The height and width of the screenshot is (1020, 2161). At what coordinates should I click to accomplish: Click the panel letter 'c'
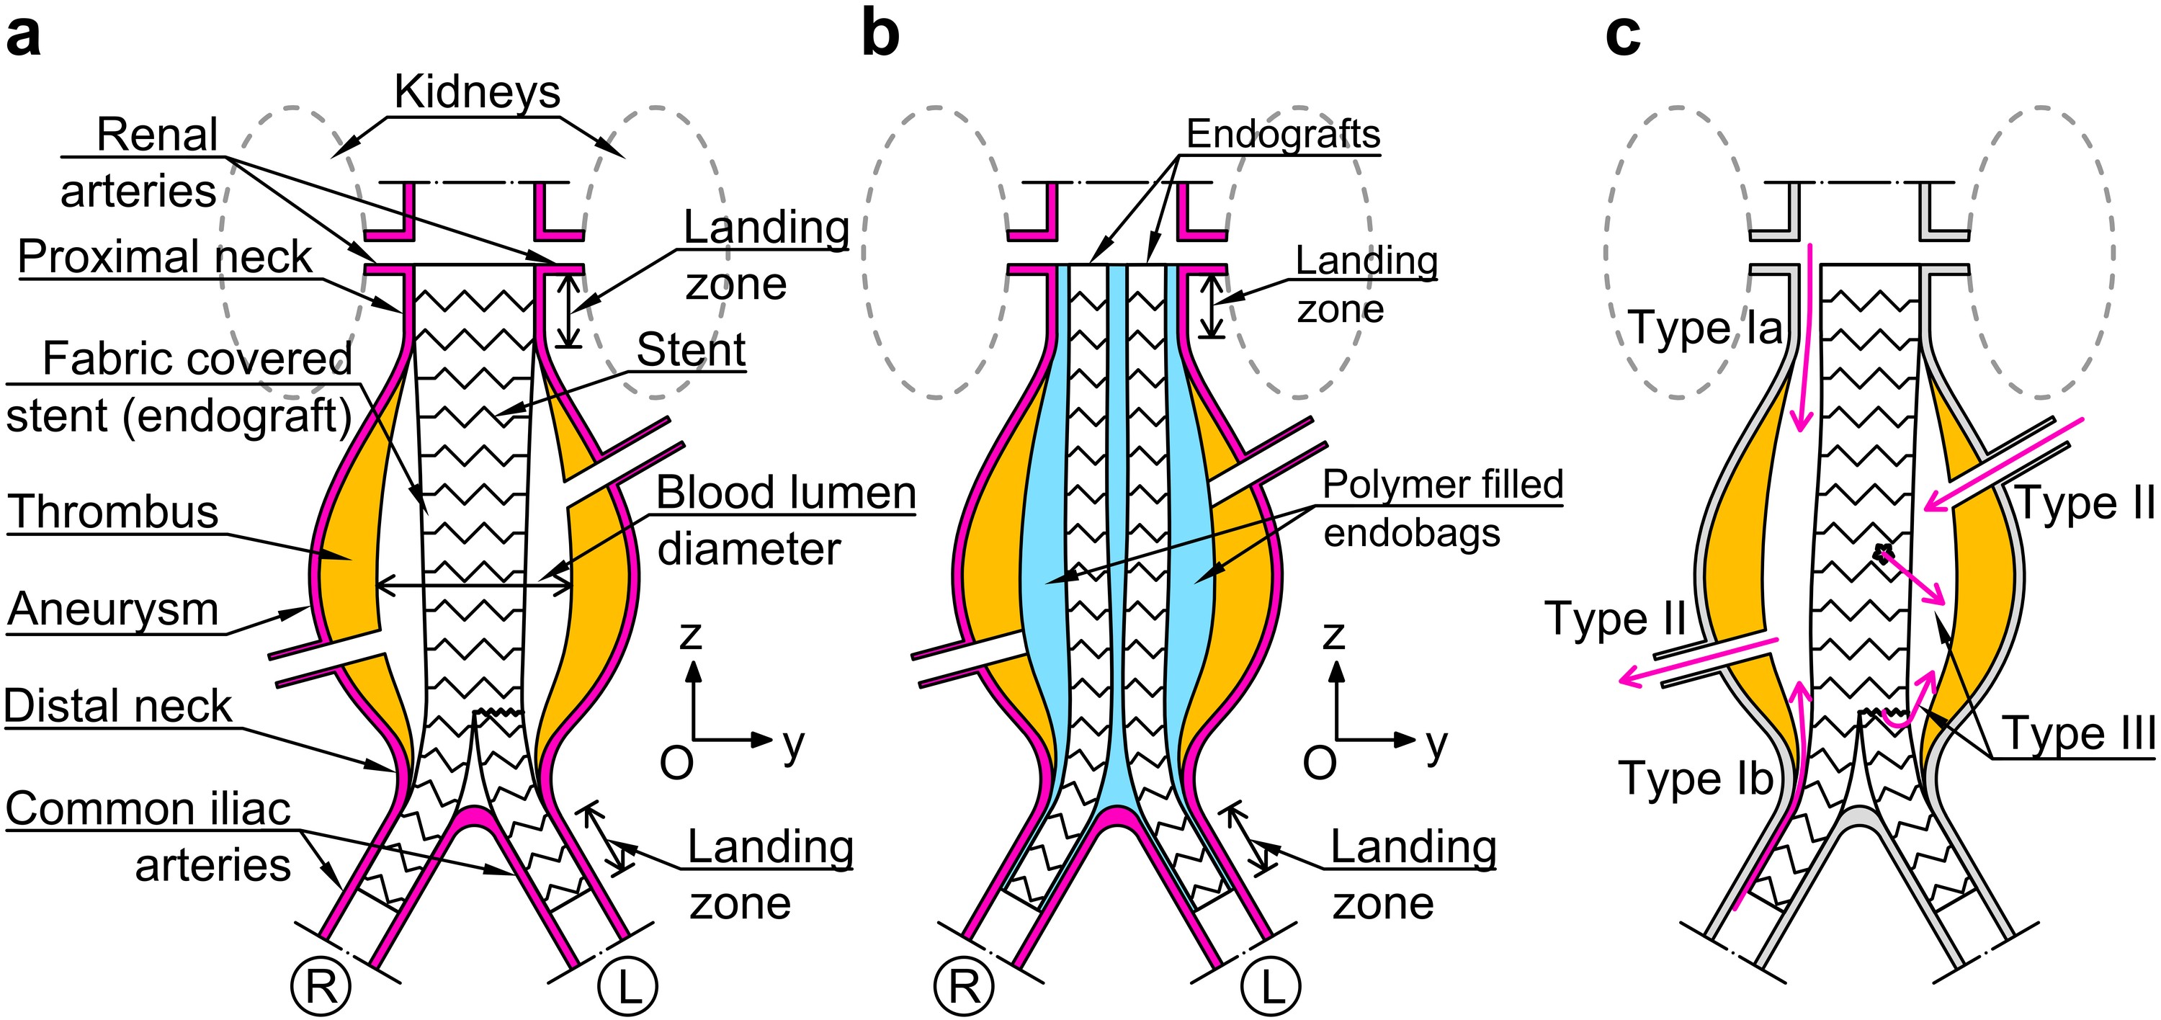point(1622,37)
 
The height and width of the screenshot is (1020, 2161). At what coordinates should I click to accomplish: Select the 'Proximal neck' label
point(164,256)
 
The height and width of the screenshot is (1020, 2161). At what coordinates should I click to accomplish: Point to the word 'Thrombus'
point(113,511)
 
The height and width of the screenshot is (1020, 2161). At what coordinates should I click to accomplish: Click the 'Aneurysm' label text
point(113,610)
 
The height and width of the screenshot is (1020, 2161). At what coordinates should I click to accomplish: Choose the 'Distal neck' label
point(117,706)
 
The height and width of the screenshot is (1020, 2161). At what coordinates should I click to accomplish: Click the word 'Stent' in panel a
point(690,350)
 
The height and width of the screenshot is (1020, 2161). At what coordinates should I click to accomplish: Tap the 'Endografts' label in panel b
point(1283,134)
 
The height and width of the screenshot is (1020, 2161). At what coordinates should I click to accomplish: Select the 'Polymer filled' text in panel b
point(1443,484)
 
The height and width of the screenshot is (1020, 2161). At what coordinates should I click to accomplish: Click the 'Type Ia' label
point(1704,327)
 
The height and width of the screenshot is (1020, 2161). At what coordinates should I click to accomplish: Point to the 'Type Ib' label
point(1694,777)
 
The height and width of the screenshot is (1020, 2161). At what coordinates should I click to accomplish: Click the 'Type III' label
point(2079,735)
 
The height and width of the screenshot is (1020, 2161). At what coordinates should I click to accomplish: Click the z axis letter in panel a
point(690,635)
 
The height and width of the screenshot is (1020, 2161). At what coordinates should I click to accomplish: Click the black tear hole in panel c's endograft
point(1884,554)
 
